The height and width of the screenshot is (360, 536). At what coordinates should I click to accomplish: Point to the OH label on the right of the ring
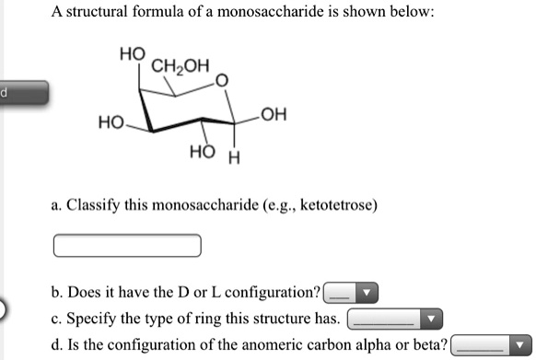(274, 115)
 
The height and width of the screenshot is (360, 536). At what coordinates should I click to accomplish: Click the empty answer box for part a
(127, 245)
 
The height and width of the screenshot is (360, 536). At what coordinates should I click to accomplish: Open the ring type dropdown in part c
(394, 319)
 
